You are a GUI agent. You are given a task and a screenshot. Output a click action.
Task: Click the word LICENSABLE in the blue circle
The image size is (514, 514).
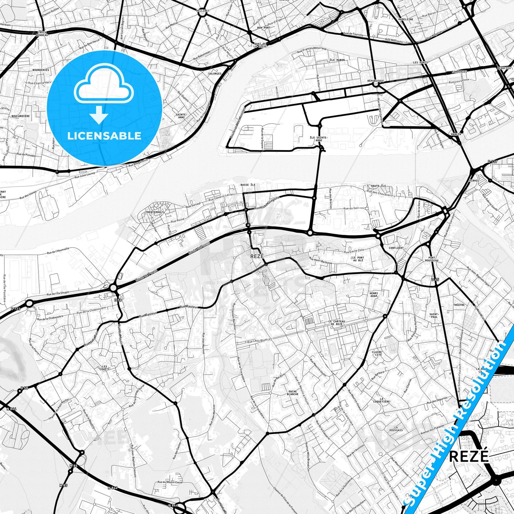[104, 136]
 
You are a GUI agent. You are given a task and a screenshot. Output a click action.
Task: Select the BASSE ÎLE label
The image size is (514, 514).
[248, 185]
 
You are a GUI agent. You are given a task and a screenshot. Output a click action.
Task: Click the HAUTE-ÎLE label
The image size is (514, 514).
[378, 186]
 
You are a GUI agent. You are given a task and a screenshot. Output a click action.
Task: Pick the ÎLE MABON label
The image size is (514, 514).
[337, 60]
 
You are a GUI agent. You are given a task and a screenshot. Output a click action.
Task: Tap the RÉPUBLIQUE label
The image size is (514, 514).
[376, 81]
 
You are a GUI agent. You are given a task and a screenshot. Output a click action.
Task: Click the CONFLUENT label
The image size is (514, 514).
[396, 248]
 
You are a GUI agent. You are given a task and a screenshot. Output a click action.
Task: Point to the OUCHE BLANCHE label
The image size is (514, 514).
[293, 393]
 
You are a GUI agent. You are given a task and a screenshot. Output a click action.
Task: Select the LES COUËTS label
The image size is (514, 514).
[106, 368]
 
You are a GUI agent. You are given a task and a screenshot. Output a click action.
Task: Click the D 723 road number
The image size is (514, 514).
[15, 309]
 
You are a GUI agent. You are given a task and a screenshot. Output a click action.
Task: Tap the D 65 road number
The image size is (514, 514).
[435, 280]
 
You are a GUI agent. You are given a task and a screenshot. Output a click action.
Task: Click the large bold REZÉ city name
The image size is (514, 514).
[469, 456]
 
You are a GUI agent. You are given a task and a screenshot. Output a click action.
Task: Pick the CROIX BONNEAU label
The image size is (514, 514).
[42, 34]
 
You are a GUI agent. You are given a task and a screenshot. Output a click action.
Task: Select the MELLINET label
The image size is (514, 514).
[203, 11]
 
